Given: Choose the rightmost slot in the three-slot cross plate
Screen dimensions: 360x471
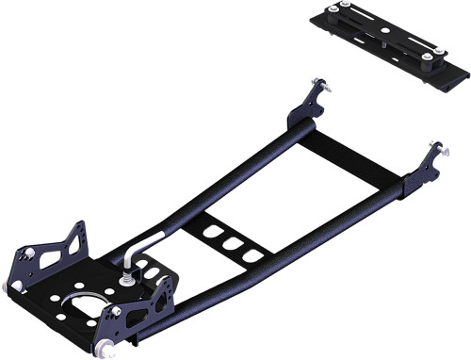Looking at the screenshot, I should pyautogui.click(x=248, y=254).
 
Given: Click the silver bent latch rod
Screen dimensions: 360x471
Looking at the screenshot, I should pyautogui.click(x=138, y=247).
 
